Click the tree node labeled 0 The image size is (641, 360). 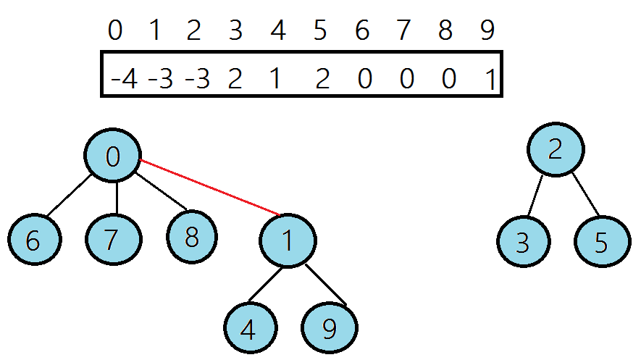tap(112, 156)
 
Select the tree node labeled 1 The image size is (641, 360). tap(288, 240)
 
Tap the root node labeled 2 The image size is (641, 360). tap(555, 150)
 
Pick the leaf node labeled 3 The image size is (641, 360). tap(523, 242)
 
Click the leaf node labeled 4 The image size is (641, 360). tap(248, 329)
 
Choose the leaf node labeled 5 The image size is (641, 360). tap(602, 242)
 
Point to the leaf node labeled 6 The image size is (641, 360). tap(33, 239)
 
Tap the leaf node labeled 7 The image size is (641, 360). tap(112, 239)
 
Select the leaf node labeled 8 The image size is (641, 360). tap(191, 238)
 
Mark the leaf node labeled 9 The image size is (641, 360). tap(330, 329)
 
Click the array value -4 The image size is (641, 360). tap(124, 78)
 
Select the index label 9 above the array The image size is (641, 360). tap(487, 31)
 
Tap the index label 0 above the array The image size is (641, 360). tap(114, 31)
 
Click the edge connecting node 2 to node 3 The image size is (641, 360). tap(537, 196)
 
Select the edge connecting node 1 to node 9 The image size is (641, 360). tap(324, 284)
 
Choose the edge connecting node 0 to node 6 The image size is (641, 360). tap(69, 196)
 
